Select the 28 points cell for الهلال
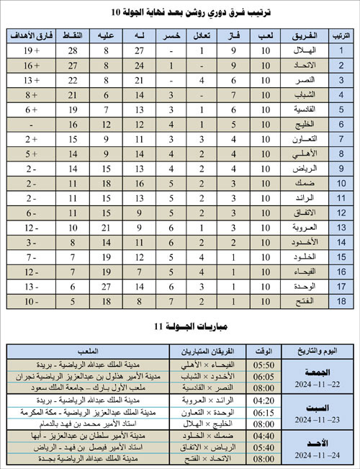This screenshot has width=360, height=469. click(73, 50)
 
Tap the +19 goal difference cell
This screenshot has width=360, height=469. click(30, 50)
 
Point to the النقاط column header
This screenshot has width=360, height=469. click(73, 35)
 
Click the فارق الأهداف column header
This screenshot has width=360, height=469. click(30, 35)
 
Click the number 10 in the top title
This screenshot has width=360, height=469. click(117, 13)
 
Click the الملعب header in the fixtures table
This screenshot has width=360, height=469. click(86, 350)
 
